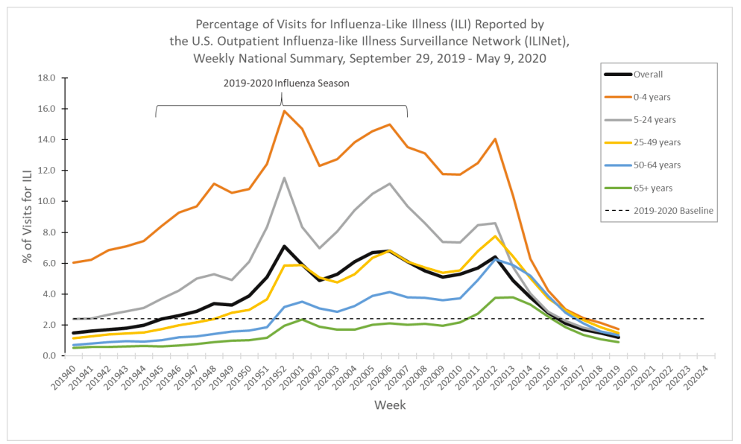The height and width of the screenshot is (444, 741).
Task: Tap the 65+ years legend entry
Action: tap(653, 188)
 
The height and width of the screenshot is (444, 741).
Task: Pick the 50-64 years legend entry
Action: tap(657, 165)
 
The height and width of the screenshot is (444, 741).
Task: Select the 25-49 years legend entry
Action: tap(657, 142)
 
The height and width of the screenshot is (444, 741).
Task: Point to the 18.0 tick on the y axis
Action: tap(46, 77)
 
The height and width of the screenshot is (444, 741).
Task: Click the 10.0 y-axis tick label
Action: tap(46, 201)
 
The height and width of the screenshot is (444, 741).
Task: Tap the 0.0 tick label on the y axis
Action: tap(48, 356)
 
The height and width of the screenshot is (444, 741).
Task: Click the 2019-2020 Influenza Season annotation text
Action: tap(286, 83)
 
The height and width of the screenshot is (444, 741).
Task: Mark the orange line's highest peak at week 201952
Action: tap(284, 111)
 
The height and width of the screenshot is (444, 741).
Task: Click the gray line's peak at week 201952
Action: tap(284, 177)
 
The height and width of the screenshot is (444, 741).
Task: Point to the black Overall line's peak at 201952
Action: tap(284, 246)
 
